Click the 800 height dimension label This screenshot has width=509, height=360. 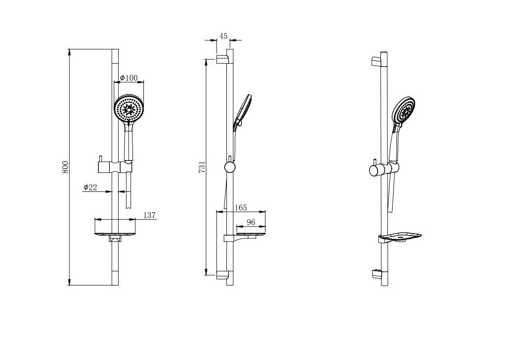tap(66, 167)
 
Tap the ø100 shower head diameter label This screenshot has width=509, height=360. tap(129, 78)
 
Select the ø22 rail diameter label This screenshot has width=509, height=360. tap(90, 187)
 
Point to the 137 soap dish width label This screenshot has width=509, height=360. tap(149, 215)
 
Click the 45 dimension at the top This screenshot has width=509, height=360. tap(223, 37)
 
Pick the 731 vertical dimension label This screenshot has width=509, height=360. tap(202, 167)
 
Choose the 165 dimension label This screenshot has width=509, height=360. tap(241, 208)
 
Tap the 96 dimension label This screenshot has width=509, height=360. tap(251, 222)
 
